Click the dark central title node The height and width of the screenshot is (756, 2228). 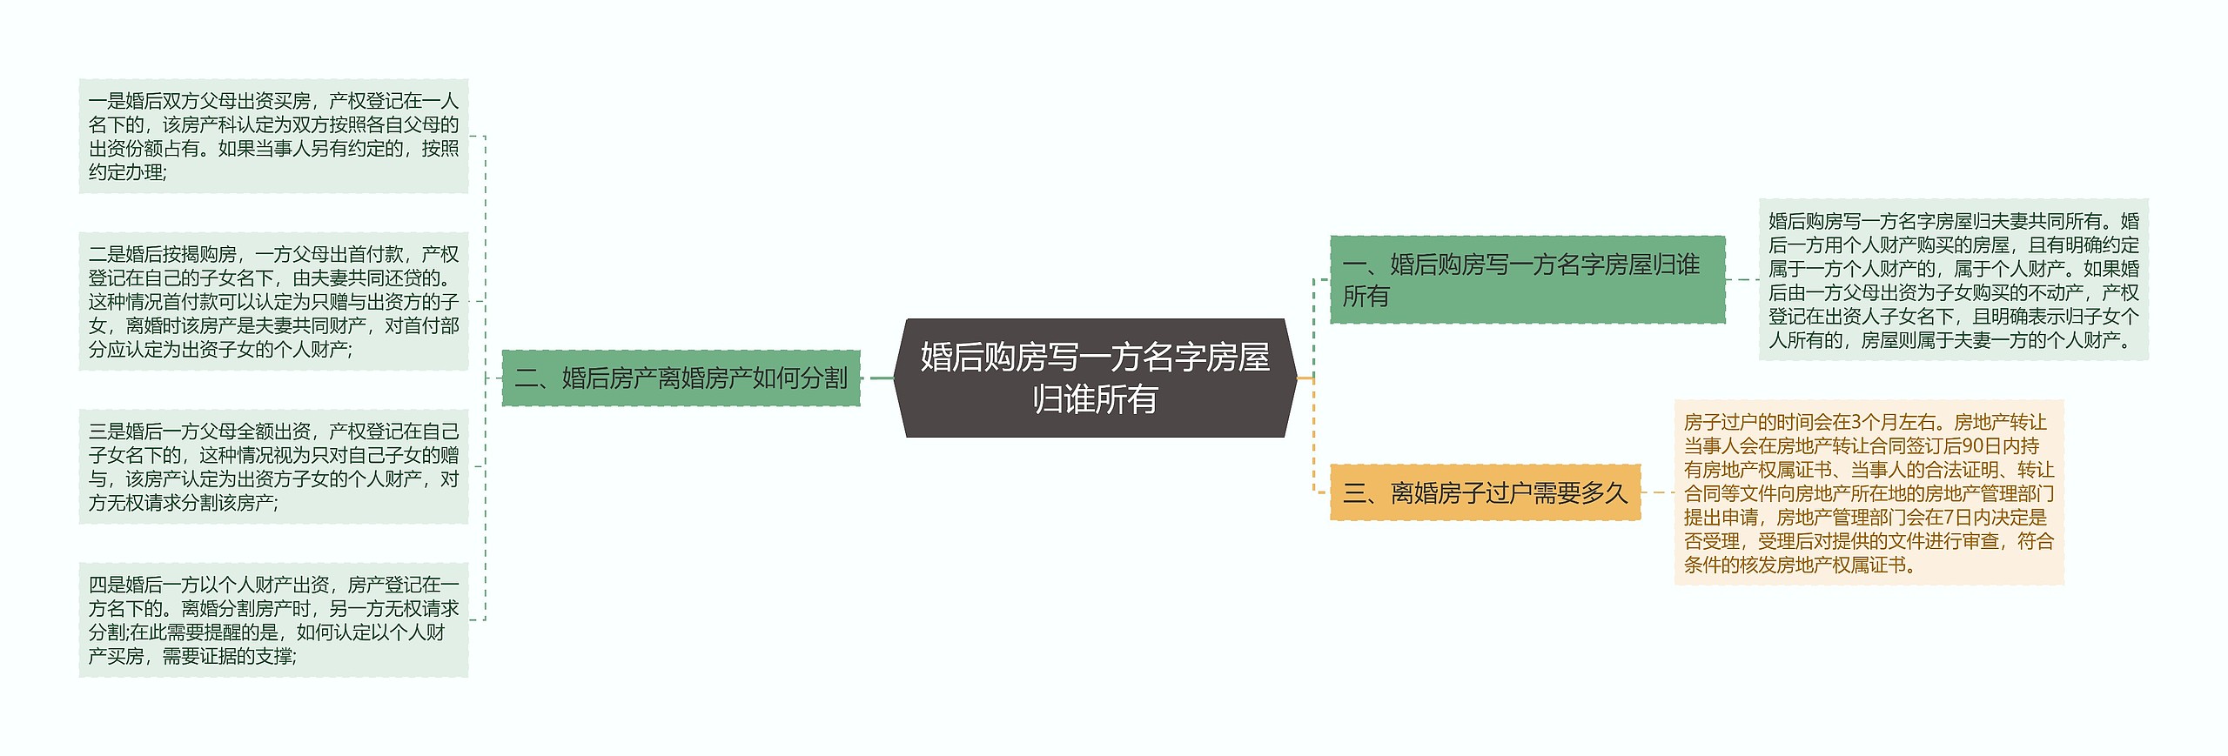click(1095, 378)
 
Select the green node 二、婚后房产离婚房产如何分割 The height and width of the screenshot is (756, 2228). click(681, 378)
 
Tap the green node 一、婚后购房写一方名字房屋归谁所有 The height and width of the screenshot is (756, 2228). click(1527, 279)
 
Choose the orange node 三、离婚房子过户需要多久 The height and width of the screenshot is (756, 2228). click(1485, 492)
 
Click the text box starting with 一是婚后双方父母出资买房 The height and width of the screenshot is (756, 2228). click(273, 136)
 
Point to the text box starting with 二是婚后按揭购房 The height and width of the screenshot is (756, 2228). click(273, 301)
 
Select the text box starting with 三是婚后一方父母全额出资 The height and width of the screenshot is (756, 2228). click(273, 466)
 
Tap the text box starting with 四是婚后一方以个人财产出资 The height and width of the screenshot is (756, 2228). click(273, 619)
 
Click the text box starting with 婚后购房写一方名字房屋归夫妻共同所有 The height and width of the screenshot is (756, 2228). click(1953, 279)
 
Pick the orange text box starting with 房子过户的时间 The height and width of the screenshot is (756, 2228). click(1869, 492)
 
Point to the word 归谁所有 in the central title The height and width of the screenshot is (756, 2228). click(1095, 399)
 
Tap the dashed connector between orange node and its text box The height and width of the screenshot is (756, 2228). click(1657, 492)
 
